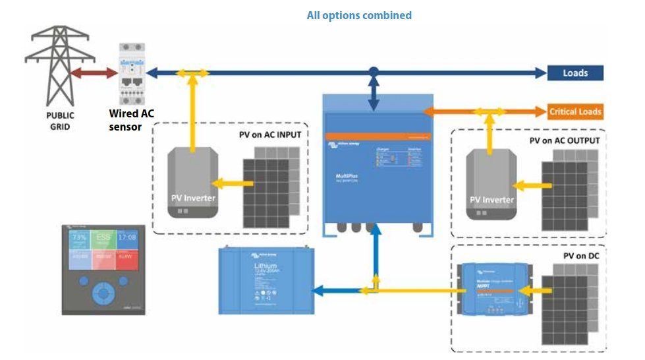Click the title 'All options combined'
click(359, 15)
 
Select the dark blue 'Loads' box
click(575, 73)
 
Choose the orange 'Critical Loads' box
click(575, 111)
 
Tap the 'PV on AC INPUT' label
click(270, 135)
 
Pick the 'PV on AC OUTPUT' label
click(565, 141)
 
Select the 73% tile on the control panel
click(79, 237)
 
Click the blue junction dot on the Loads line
click(374, 71)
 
